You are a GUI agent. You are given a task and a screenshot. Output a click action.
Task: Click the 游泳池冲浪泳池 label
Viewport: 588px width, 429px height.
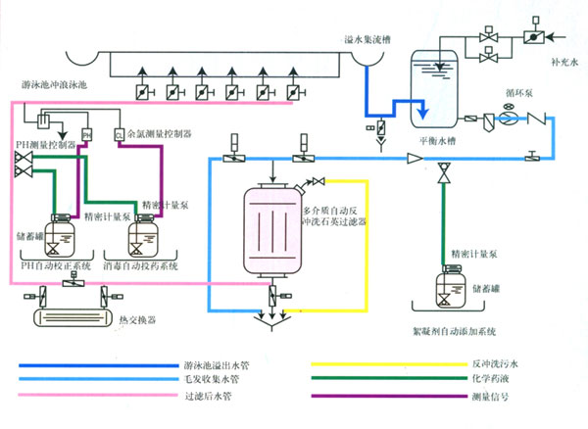(54, 85)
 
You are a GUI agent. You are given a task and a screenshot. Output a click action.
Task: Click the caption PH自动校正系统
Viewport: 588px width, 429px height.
(55, 265)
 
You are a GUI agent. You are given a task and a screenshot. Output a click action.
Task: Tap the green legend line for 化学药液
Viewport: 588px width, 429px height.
(381, 379)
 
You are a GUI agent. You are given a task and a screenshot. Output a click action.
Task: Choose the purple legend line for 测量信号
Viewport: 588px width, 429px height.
(381, 396)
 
